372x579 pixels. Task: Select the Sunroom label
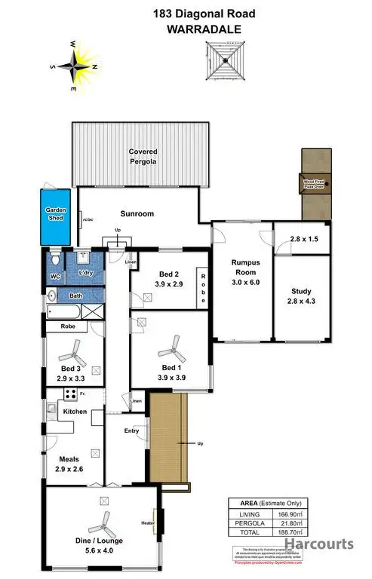[x=138, y=213]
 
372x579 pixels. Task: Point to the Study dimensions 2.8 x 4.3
[x=302, y=301]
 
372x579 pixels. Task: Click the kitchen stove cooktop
[x=69, y=394]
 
